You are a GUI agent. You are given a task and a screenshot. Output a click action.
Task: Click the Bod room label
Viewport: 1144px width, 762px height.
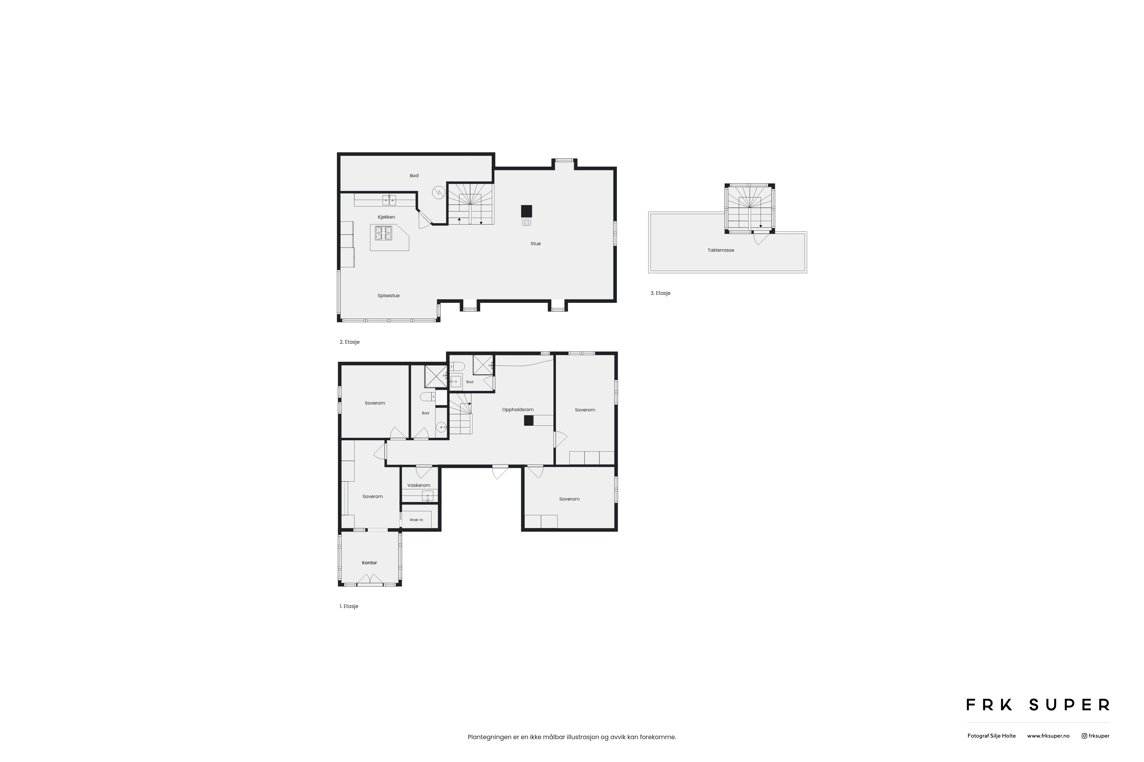[414, 175]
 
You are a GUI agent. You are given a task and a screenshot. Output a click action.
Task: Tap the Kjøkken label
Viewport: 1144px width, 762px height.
[386, 217]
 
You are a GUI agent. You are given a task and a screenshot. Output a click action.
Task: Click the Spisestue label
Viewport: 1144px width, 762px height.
[389, 295]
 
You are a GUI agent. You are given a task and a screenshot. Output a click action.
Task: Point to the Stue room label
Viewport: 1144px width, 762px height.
[535, 243]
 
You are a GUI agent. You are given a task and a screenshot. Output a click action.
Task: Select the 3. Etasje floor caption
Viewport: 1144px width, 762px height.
[661, 293]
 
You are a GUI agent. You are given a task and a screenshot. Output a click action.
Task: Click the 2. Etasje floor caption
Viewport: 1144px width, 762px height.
[350, 342]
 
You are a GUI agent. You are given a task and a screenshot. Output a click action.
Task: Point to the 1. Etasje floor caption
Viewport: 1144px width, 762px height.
[349, 607]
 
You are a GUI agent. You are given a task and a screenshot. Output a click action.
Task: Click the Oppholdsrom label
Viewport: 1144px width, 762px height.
[518, 410]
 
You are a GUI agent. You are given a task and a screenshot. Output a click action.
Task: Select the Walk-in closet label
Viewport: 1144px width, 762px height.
[416, 520]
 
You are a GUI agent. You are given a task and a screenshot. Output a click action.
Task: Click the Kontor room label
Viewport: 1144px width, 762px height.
[370, 563]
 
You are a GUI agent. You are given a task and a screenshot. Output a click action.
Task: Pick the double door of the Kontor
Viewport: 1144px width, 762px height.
[370, 579]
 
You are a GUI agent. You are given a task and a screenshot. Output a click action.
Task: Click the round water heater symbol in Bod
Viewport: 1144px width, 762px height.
[439, 193]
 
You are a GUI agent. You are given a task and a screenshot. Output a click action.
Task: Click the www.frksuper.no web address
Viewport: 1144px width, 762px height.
[1048, 736]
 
